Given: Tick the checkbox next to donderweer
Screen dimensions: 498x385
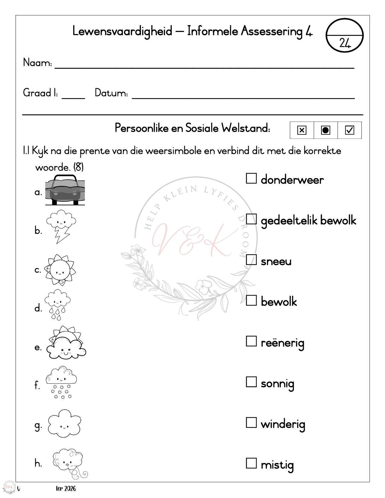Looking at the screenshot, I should click(251, 178).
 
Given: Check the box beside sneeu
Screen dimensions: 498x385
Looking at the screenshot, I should click(251, 260).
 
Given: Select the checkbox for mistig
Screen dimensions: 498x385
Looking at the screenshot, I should click(251, 463).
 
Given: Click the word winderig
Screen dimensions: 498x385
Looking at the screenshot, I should click(283, 424).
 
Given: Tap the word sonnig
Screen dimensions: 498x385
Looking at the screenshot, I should click(277, 384).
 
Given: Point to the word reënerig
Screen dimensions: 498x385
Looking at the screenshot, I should click(282, 343).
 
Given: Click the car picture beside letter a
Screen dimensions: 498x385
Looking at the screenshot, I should click(65, 190).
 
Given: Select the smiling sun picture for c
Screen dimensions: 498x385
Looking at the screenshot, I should click(60, 270).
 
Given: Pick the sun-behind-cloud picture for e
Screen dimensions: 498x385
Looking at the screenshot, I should click(66, 343).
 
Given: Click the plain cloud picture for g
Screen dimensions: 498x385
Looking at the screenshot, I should click(64, 423).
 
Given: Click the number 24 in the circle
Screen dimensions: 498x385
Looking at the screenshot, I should click(345, 43).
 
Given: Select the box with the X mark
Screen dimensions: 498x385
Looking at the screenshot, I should click(302, 130).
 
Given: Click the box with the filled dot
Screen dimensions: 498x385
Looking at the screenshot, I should click(325, 130).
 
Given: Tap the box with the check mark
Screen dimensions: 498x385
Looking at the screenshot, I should click(349, 130).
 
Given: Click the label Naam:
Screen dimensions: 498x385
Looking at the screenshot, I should click(37, 63).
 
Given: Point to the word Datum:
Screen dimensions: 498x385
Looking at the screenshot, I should click(111, 93).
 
